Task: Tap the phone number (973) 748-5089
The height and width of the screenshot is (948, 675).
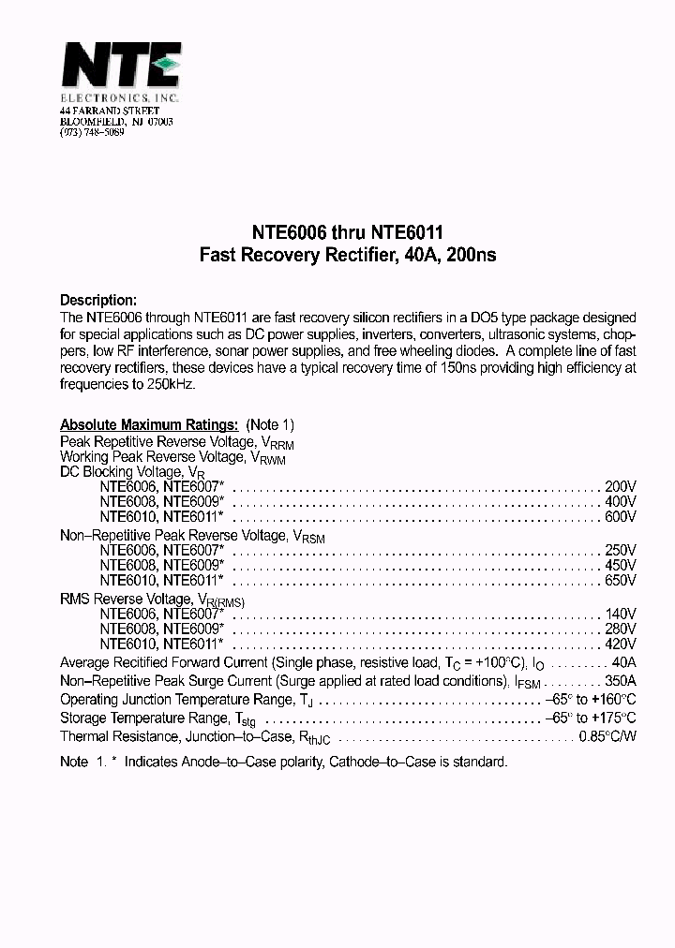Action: click(x=91, y=132)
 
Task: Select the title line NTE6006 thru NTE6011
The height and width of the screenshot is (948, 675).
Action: click(x=337, y=232)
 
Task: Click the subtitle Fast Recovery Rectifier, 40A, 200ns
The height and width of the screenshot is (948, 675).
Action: click(x=337, y=254)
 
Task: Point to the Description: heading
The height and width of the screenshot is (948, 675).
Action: click(x=98, y=301)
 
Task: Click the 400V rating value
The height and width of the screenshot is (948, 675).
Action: click(x=620, y=502)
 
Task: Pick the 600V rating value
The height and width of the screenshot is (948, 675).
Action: click(x=620, y=516)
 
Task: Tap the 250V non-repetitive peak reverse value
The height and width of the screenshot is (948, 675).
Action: click(x=620, y=550)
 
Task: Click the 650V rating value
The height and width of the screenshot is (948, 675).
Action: click(x=620, y=580)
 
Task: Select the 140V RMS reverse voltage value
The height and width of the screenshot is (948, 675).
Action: click(x=620, y=614)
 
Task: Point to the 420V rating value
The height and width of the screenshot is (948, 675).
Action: click(x=620, y=644)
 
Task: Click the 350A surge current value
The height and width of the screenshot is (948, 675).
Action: click(x=619, y=681)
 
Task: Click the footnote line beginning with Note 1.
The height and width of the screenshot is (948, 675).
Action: click(x=283, y=763)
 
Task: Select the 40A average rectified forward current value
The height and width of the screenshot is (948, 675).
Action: click(x=623, y=662)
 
